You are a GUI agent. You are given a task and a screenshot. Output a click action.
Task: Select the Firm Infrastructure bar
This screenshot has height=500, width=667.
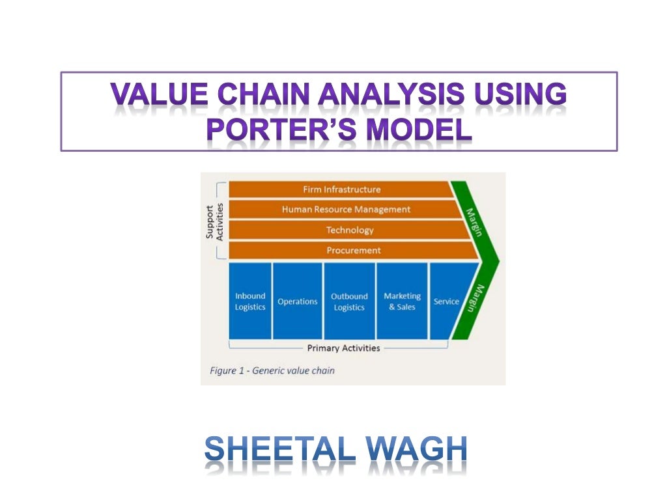341,189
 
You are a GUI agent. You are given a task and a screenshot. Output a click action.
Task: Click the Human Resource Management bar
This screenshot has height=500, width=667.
346,210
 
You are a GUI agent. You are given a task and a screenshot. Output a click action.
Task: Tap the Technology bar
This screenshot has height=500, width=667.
350,230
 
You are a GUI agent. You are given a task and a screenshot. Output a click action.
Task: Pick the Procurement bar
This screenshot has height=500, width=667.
354,250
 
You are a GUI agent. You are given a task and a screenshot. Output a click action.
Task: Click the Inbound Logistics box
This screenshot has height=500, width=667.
250,301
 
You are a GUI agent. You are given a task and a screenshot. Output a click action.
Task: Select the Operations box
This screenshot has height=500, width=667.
298,301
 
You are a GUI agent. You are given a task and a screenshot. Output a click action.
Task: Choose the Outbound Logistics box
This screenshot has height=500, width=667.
349,301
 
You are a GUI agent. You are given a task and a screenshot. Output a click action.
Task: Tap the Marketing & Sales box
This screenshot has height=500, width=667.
402,301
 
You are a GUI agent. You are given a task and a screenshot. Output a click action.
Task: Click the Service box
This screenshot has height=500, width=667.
446,301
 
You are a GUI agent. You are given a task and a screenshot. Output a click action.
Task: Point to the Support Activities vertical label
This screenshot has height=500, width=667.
214,221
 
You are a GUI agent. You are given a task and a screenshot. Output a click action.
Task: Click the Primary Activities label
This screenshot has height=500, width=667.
343,348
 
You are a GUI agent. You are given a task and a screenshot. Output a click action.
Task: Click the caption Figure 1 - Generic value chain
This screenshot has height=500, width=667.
272,370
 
